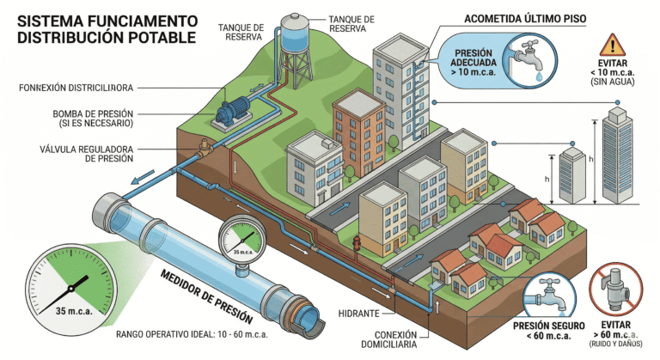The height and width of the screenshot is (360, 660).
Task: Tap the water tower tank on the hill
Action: point(296,36)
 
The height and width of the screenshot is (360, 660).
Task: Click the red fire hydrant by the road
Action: point(357,244)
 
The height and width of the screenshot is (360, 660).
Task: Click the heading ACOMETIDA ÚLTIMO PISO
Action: point(518,18)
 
